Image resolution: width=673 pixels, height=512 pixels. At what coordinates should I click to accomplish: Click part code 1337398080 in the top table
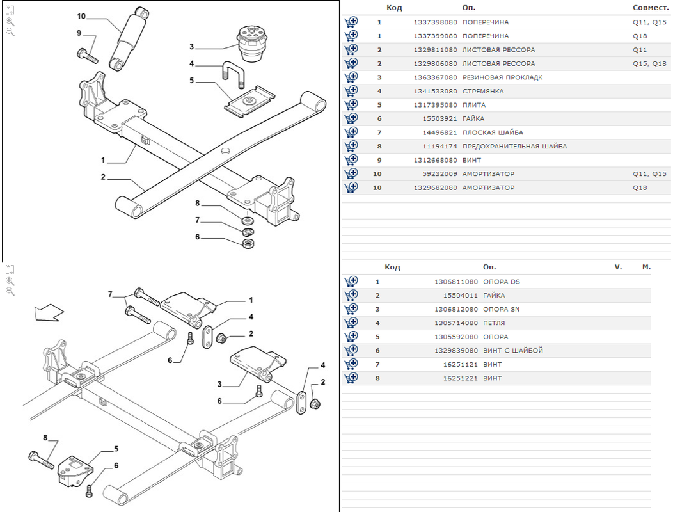(435, 22)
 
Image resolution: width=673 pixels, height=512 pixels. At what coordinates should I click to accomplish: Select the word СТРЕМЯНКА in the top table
(483, 91)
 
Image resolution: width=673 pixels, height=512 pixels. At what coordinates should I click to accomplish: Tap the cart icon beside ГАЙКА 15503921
(351, 118)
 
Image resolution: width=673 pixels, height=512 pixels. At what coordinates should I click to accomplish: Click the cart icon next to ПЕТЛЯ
(351, 323)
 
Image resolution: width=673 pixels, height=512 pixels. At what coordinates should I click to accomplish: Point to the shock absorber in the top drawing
(129, 38)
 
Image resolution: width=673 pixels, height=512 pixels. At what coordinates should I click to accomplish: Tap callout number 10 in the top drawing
(81, 16)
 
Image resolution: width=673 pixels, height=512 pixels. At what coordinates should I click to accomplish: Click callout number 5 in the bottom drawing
(116, 449)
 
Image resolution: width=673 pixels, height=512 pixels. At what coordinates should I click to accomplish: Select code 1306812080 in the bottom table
(455, 309)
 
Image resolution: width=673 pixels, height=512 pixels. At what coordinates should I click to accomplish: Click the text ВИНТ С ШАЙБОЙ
(513, 351)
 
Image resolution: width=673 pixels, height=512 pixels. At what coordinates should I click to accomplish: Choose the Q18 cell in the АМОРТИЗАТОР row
(640, 188)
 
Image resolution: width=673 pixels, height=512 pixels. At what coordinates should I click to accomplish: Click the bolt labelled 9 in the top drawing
(87, 56)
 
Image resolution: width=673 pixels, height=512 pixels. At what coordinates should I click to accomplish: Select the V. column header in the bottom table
(618, 267)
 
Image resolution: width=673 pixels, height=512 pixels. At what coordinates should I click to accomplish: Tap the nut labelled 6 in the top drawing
(249, 244)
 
